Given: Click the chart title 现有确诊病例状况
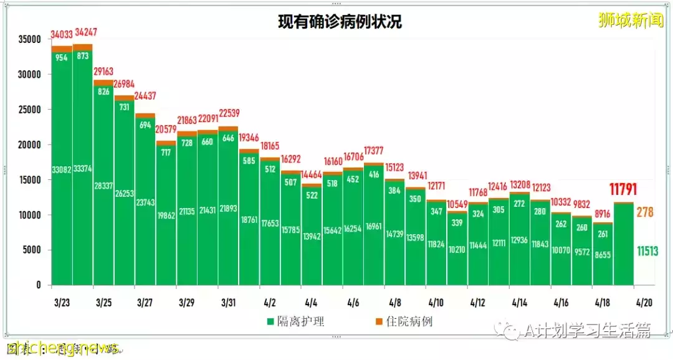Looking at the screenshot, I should (x=340, y=22).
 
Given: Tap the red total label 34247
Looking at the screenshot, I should (x=85, y=32).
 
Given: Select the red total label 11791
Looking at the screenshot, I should (x=624, y=189).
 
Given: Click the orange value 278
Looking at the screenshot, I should (x=645, y=212).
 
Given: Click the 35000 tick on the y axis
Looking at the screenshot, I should (x=29, y=39).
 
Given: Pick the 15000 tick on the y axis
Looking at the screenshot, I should (x=29, y=180).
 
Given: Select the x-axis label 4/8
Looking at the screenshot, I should (x=394, y=302).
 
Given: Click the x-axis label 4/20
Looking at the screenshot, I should (x=644, y=302).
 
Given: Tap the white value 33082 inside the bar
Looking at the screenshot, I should (x=62, y=168).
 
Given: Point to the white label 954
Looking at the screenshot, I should (x=62, y=57).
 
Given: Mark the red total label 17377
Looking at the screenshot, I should (x=375, y=151).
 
